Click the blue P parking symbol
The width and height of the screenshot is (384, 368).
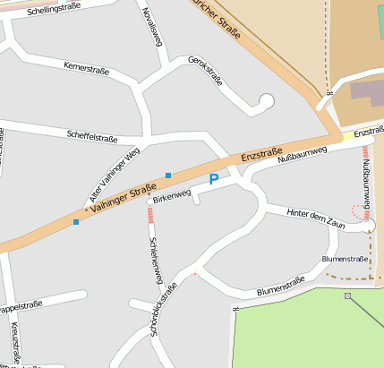pos(213,180)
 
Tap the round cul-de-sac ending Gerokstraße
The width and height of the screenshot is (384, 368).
pos(265,101)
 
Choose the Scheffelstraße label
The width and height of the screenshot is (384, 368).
pos(92,137)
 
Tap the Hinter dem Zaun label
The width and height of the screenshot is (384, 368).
pos(315,218)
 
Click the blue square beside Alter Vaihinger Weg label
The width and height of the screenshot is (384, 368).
pos(167,175)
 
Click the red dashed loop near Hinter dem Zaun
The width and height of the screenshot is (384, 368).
pos(361,211)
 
